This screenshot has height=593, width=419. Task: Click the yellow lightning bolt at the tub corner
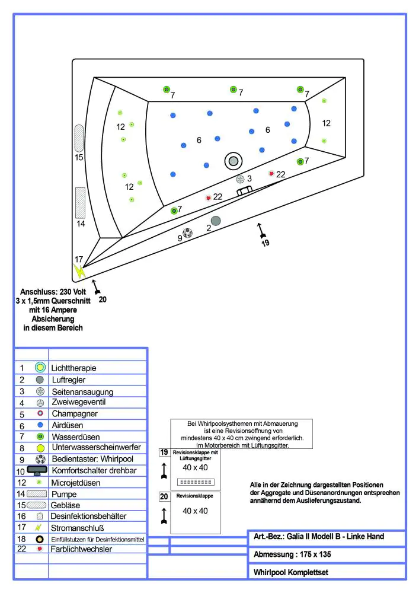click(79, 272)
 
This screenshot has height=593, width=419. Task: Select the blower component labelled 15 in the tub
click(79, 138)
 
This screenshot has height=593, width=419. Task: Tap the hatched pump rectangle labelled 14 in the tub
click(81, 202)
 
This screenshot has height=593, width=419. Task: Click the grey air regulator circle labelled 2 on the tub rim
click(216, 221)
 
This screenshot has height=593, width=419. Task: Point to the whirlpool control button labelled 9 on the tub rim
click(188, 233)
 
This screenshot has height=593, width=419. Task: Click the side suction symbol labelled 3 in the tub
click(240, 178)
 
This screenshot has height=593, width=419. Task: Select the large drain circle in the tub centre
click(234, 160)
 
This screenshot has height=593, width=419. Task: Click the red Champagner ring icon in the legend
click(40, 414)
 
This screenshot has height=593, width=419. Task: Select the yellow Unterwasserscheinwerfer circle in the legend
click(40, 448)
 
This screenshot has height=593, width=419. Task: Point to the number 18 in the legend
click(22, 539)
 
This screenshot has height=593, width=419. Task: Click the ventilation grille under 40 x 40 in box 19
click(196, 481)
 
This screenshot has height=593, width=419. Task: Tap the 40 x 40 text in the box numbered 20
click(195, 511)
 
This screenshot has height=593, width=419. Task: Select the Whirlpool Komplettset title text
click(290, 573)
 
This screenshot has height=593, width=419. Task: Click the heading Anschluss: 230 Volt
click(53, 292)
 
